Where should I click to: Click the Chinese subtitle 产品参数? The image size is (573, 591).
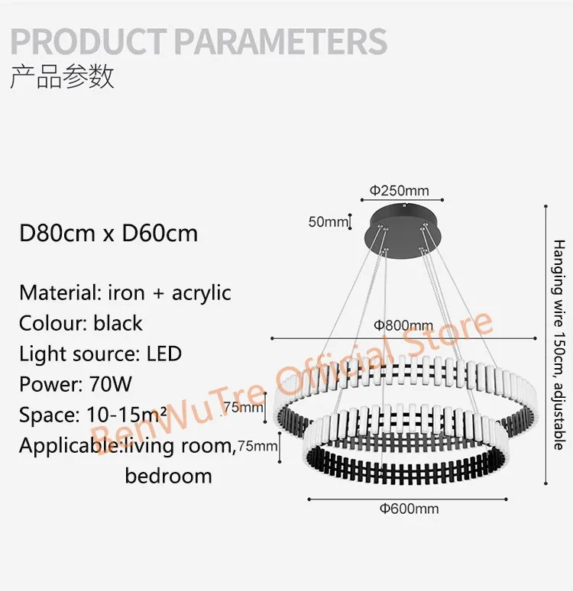[x=62, y=77]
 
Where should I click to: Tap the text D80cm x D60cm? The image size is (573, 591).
[x=108, y=232]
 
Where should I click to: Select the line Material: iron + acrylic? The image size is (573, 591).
[x=125, y=292]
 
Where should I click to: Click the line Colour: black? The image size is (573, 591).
[x=81, y=323]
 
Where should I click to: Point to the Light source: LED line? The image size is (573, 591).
[x=100, y=354]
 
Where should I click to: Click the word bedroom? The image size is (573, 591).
[x=168, y=476]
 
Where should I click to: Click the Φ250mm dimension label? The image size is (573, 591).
[x=400, y=191]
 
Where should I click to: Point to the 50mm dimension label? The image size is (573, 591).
[x=327, y=222]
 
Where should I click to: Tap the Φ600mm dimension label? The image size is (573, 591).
[x=411, y=509]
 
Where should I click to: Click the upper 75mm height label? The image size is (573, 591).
[x=243, y=408]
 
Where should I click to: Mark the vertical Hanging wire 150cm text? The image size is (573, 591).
[x=558, y=344]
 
